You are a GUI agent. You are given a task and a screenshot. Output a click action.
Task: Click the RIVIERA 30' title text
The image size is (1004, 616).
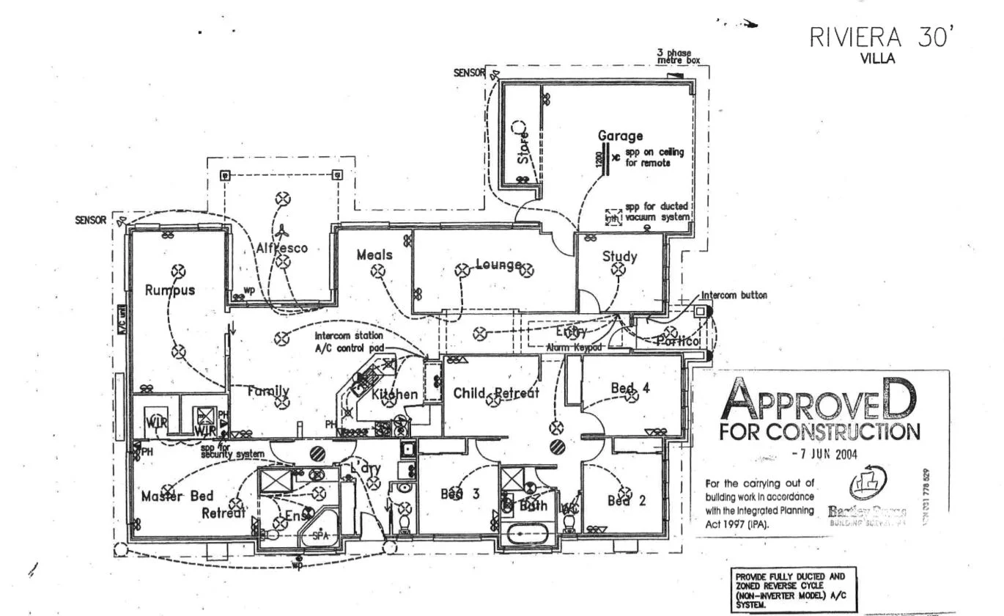click(883, 38)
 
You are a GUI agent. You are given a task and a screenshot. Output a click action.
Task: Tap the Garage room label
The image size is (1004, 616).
click(620, 136)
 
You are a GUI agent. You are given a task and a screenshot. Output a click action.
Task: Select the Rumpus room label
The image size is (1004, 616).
click(170, 290)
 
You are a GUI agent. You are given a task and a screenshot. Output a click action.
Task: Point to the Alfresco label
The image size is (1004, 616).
click(282, 248)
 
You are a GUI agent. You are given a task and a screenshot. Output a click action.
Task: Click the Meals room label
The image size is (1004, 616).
click(374, 255)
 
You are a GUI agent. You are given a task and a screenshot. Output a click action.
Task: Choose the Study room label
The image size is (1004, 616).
click(619, 257)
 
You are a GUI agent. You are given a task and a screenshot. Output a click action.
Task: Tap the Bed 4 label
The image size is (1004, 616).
click(630, 387)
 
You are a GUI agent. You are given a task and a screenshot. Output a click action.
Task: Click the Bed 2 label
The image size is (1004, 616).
click(627, 501)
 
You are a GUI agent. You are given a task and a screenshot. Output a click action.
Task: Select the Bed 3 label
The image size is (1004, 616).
click(459, 494)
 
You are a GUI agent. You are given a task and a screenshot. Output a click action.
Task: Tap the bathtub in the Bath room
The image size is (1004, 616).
click(528, 533)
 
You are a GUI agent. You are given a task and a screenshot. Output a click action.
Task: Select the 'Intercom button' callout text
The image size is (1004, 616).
click(734, 296)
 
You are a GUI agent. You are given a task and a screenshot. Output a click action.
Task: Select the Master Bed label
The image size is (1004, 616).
click(177, 496)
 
